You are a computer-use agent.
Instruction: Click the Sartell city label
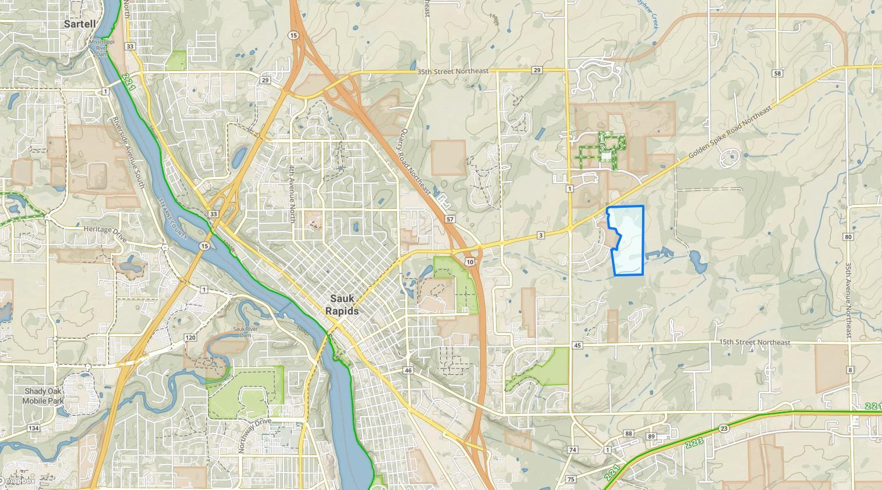point(79,24)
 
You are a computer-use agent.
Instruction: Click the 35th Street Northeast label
point(452,70)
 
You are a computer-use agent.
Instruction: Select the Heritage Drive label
point(105,229)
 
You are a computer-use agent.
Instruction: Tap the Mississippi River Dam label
point(102,48)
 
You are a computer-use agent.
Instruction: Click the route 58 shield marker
point(778,73)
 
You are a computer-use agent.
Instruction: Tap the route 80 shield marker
point(848,237)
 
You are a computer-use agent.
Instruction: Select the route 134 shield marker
point(33,428)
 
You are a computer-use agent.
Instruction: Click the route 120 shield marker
point(190,337)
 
